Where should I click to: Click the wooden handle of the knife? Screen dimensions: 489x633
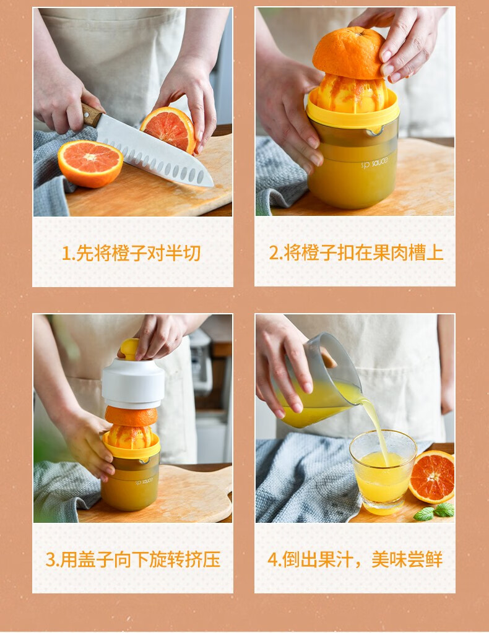click(92, 115)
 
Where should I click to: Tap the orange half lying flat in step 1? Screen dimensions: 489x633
click(90, 163)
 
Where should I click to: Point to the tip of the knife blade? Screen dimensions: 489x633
click(212, 185)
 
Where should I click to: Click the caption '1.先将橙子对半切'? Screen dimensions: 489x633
click(131, 253)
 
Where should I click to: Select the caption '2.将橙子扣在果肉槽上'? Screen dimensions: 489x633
click(356, 252)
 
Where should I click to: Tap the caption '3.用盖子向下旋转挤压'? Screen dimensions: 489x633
click(133, 559)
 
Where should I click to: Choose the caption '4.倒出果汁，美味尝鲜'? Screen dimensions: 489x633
click(355, 559)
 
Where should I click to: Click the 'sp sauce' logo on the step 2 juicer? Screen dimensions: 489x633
click(374, 163)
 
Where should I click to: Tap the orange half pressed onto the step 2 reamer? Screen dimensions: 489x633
click(349, 53)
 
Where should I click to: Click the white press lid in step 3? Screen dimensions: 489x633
click(133, 382)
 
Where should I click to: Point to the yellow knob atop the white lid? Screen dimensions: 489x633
click(130, 349)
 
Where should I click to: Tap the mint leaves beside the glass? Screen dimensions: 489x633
click(435, 512)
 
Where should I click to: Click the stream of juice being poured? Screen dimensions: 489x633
click(376, 429)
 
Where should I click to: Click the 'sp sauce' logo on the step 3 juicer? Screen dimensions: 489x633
click(144, 481)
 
